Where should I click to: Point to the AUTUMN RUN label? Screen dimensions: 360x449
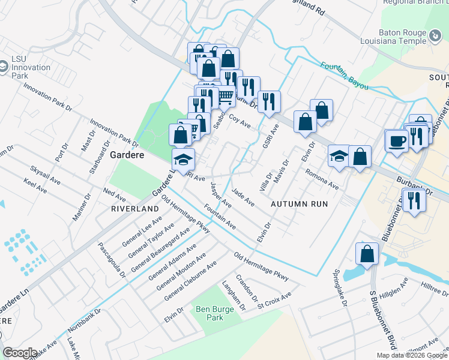[299, 204]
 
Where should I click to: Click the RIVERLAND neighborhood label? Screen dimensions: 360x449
[134, 209]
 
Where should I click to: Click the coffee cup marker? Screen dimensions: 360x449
[396, 141]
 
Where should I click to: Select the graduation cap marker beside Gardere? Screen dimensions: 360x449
[184, 159]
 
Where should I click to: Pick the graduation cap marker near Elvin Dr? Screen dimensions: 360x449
[339, 156]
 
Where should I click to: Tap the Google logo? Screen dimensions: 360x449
[20, 353]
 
